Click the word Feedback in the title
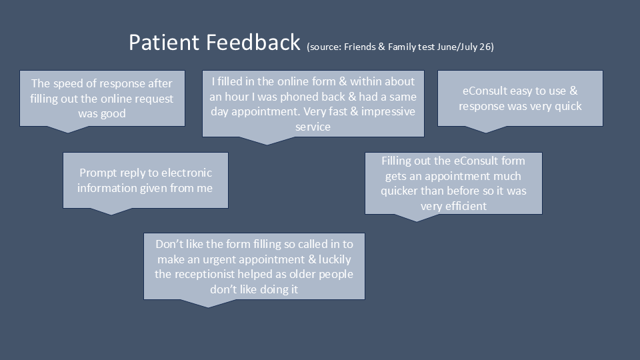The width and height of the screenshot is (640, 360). (x=253, y=42)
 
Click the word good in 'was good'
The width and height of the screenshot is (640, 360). (x=113, y=113)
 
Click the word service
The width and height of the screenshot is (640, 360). (x=313, y=127)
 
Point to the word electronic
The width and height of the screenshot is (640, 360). (x=187, y=173)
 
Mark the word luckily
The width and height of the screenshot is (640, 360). (x=335, y=259)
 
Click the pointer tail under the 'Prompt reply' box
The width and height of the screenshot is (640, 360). (x=111, y=211)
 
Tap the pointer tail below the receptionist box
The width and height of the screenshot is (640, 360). (x=208, y=303)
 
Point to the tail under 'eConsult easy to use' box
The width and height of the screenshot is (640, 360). (x=486, y=129)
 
